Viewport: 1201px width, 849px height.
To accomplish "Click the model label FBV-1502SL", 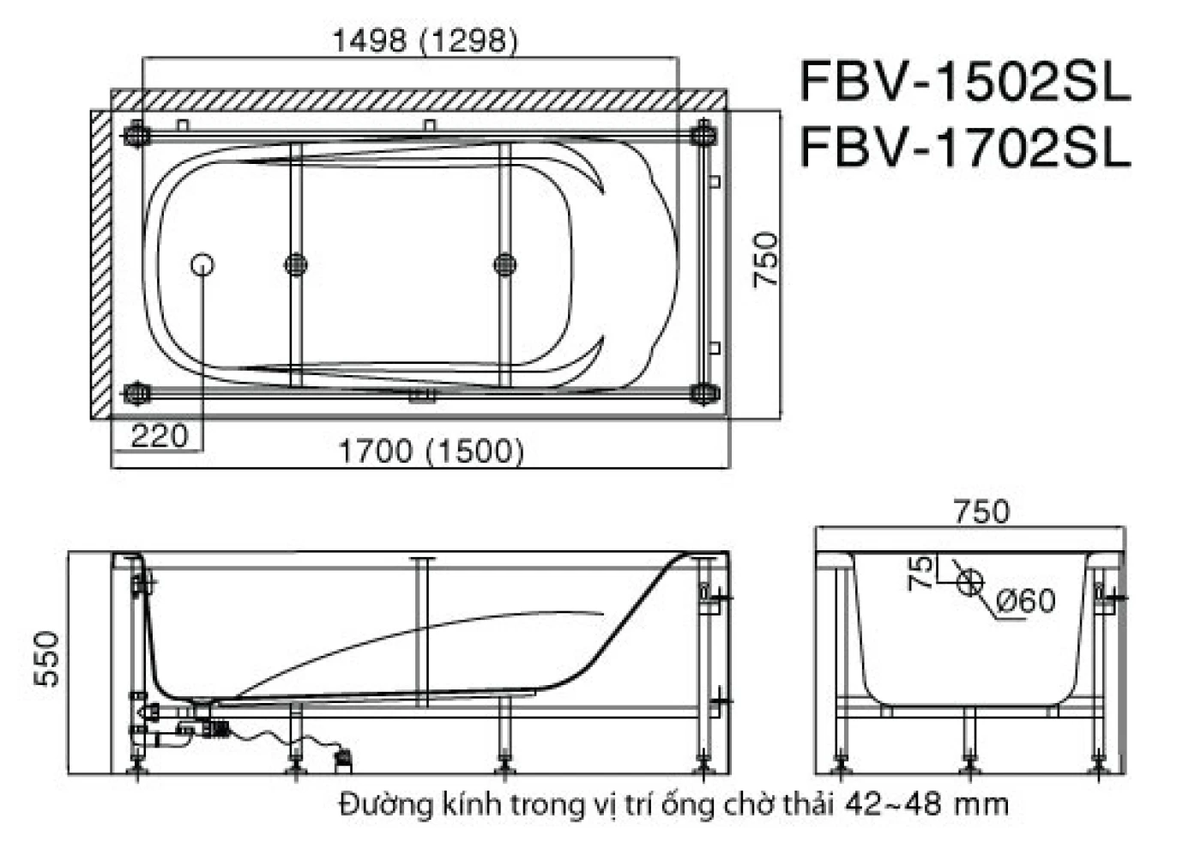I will coord(965,83).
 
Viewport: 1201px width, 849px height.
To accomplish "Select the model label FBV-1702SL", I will coord(965,149).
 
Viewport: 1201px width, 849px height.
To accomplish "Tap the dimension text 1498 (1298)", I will coord(425,40).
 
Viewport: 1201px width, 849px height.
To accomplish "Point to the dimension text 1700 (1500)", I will coord(431,451).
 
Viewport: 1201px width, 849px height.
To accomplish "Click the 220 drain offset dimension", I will coord(159,436).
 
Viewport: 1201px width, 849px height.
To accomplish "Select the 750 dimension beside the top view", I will coord(765,260).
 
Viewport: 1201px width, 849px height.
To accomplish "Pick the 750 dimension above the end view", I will coord(981,512).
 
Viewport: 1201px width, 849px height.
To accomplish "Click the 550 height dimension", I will coord(48,658).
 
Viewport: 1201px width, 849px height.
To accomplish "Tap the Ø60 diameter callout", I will coord(1027,600).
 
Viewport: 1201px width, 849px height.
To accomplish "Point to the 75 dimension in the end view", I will coord(920,573).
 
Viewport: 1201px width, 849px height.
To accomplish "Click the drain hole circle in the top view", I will coord(202,264).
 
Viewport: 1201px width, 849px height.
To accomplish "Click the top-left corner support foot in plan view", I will coord(136,136).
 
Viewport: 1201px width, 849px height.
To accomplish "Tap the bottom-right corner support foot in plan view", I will coord(703,394).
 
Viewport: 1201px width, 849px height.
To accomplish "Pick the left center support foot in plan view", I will coord(296,264).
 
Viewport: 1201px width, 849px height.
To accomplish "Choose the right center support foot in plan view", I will coord(505,264).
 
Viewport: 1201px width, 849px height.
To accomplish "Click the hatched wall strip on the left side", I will coord(101,264).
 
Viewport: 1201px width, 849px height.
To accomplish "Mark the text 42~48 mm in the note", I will coord(926,804).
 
